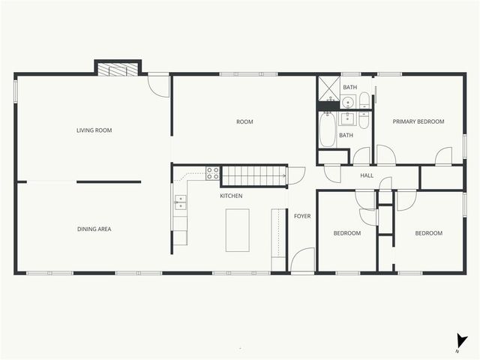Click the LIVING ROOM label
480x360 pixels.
(94, 130)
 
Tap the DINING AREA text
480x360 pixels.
(94, 229)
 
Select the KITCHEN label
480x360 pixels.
(231, 196)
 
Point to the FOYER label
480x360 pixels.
(302, 216)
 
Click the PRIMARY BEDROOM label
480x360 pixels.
(418, 121)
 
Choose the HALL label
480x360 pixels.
(367, 175)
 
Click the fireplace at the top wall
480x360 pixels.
(118, 69)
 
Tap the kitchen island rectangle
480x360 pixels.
(238, 229)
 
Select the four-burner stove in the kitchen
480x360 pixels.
(213, 172)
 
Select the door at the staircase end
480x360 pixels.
(295, 175)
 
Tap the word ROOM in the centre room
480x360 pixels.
(244, 121)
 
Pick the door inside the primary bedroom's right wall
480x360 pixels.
(444, 156)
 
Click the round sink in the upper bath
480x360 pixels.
(347, 102)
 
